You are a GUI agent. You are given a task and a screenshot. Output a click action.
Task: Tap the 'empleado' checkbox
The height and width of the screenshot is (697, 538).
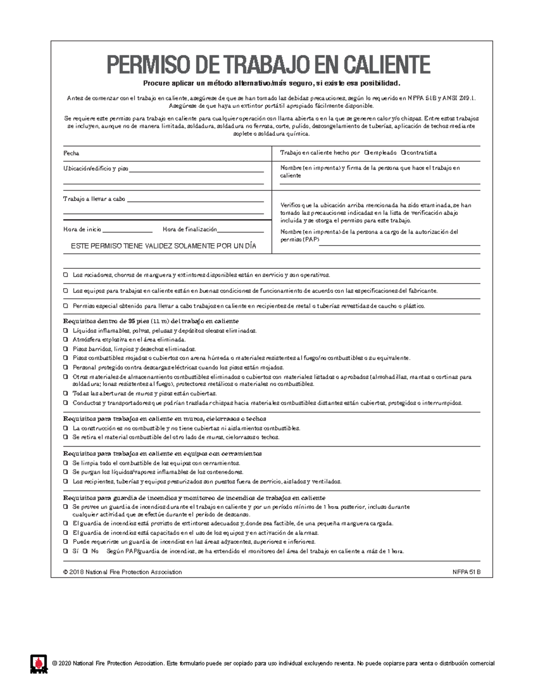click(x=367, y=153)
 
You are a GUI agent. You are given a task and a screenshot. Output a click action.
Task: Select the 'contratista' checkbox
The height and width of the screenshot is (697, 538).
click(x=403, y=153)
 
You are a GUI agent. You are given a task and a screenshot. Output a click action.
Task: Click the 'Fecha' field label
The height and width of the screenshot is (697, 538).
click(x=71, y=153)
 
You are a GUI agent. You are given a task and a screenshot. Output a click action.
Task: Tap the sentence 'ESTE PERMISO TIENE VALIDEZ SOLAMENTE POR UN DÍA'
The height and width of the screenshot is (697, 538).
click(x=164, y=246)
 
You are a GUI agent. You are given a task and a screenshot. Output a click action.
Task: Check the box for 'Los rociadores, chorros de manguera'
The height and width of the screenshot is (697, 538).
click(x=66, y=275)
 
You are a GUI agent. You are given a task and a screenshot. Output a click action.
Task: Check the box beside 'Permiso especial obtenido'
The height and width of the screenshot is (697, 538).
click(x=66, y=306)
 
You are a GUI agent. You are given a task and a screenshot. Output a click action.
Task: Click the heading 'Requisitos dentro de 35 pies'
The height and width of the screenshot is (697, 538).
click(x=151, y=321)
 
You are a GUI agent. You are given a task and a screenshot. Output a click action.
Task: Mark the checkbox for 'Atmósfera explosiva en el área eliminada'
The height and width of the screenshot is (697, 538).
click(x=66, y=340)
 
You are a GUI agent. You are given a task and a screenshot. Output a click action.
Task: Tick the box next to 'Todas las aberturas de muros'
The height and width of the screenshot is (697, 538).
click(x=66, y=394)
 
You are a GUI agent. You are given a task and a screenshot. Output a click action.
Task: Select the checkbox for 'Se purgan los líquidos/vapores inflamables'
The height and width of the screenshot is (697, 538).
click(x=66, y=472)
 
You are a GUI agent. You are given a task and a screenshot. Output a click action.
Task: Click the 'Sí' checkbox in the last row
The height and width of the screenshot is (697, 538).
click(x=66, y=551)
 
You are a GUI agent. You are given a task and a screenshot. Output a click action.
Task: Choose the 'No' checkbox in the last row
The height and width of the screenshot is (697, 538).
click(x=85, y=551)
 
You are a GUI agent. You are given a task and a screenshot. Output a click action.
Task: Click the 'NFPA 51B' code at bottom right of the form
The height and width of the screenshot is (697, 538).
click(x=466, y=572)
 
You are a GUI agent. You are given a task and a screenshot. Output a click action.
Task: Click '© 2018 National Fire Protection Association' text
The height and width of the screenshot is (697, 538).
click(x=122, y=572)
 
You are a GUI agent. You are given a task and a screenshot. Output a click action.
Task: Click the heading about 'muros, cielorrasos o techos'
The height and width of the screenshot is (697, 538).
click(x=165, y=419)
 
